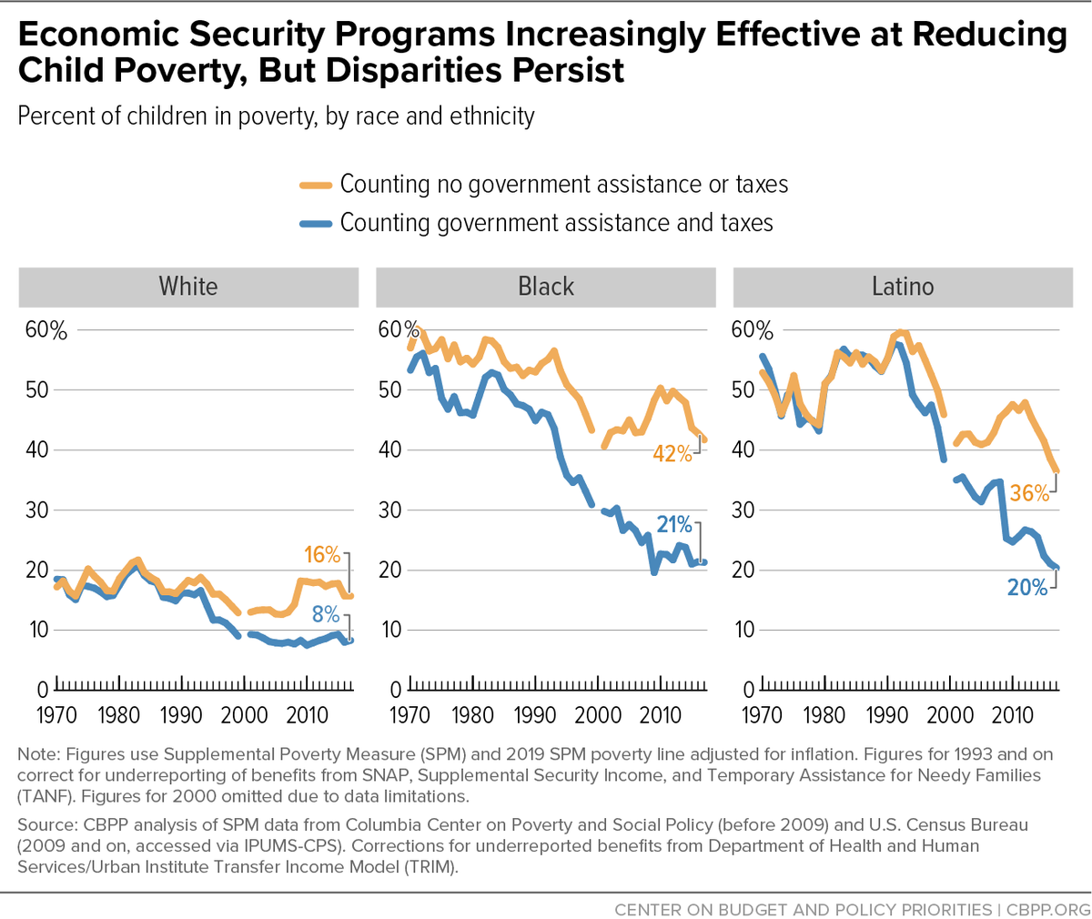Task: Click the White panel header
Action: pyautogui.click(x=188, y=287)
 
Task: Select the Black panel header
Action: pyautogui.click(x=546, y=287)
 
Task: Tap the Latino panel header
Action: pyautogui.click(x=903, y=287)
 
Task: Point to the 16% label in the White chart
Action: pyautogui.click(x=322, y=555)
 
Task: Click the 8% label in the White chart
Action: pyautogui.click(x=325, y=614)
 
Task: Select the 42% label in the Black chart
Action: pyautogui.click(x=672, y=453)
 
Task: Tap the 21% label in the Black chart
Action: pyautogui.click(x=674, y=524)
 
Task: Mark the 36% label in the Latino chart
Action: pyautogui.click(x=1029, y=493)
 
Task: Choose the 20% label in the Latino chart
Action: pyautogui.click(x=1027, y=588)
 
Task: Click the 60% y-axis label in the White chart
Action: pyautogui.click(x=45, y=330)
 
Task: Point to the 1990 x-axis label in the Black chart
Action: pyautogui.click(x=534, y=715)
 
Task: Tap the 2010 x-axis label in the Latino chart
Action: pyautogui.click(x=1013, y=715)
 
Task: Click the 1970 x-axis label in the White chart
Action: pyautogui.click(x=56, y=715)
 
